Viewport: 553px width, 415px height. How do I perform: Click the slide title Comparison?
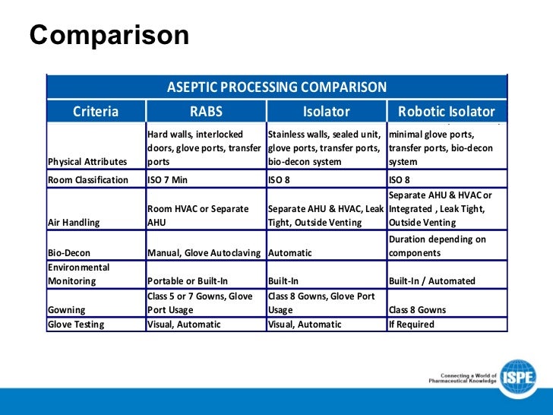tap(109, 36)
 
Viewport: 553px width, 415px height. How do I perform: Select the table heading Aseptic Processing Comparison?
tap(276, 87)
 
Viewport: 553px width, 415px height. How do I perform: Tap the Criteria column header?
tap(96, 112)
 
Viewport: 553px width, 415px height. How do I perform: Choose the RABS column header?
tap(206, 112)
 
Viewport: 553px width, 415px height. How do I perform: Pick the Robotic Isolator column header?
tap(447, 112)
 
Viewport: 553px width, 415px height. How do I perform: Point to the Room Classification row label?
tap(88, 180)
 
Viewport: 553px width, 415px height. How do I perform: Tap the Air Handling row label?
tap(73, 223)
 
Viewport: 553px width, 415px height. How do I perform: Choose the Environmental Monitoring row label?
tap(78, 274)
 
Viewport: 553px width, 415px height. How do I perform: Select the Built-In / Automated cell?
tap(431, 280)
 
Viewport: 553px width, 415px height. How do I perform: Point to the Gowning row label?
tap(65, 309)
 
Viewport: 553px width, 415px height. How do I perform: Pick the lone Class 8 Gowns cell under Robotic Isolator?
tap(417, 309)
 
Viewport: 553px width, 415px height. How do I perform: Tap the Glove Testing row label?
tap(75, 325)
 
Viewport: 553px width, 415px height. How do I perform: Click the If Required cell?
tap(411, 325)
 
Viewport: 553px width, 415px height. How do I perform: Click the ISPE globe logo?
tap(518, 377)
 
